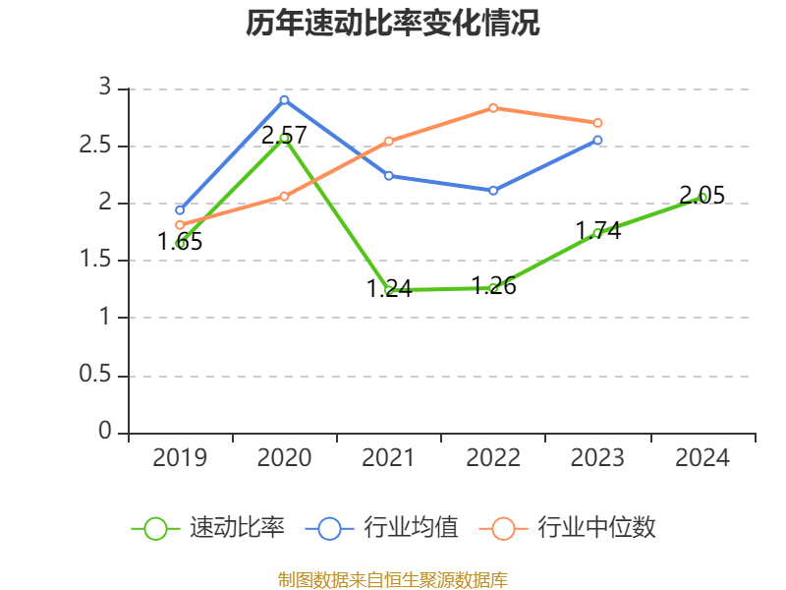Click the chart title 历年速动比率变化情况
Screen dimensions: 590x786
[393, 24]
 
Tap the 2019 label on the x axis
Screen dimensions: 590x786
[180, 458]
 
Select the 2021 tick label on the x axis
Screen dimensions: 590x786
[389, 458]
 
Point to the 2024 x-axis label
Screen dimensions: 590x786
[702, 458]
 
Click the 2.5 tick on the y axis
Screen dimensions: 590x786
[99, 147]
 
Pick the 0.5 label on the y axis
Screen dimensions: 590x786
[99, 376]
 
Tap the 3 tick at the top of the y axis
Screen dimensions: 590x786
[106, 89]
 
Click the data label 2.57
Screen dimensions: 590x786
[284, 135]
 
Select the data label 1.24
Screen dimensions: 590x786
[389, 289]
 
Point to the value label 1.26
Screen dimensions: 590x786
[493, 287]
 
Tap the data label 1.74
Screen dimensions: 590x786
[597, 231]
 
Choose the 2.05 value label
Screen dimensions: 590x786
[702, 196]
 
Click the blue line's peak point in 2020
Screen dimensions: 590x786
[284, 99]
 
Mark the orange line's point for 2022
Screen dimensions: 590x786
[493, 107]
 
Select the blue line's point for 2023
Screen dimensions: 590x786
[597, 140]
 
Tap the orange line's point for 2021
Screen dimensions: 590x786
[389, 141]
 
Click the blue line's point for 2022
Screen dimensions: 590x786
[493, 190]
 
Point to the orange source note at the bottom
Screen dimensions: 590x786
[393, 579]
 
